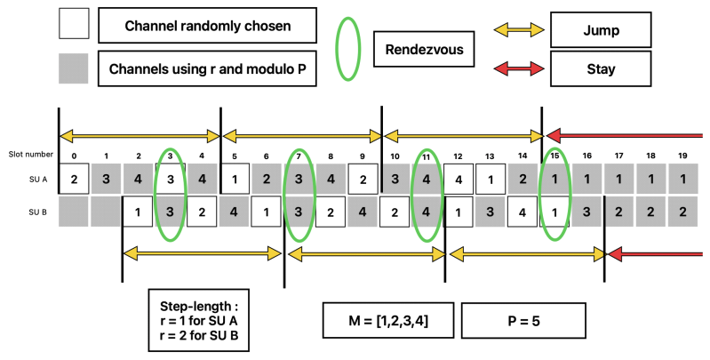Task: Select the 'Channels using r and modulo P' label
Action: [x=207, y=68]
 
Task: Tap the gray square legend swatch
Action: [x=74, y=68]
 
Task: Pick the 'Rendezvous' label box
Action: [x=417, y=50]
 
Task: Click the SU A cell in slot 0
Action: [x=74, y=179]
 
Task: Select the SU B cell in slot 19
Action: [x=682, y=213]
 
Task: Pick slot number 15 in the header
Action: [x=554, y=156]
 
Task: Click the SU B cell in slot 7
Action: [x=299, y=213]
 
